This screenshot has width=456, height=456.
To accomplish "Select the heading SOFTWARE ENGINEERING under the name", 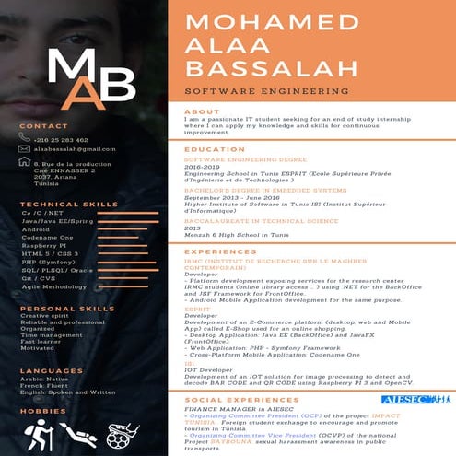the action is coord(261,92).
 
